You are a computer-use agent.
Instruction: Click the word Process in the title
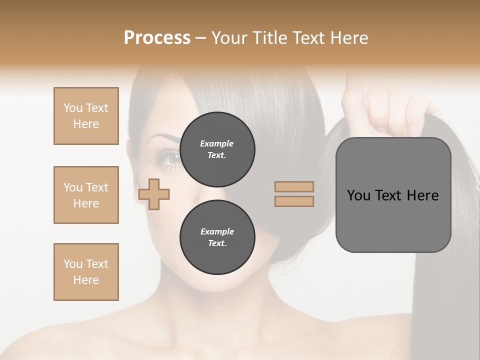pos(157,38)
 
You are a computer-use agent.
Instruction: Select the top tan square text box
pos(86,116)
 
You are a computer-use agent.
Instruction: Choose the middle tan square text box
pos(86,195)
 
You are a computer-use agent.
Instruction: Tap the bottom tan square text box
pos(86,271)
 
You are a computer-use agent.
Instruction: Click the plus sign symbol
pos(154,194)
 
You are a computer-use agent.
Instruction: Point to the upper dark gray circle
pos(217,149)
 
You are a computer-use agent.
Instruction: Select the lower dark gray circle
pos(217,237)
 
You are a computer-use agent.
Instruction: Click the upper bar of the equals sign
pos(294,186)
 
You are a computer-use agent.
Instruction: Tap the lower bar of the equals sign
pos(294,201)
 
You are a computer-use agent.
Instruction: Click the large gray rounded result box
pos(393,195)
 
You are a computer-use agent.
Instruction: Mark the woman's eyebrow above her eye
pos(165,138)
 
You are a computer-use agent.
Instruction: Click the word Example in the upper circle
pos(217,143)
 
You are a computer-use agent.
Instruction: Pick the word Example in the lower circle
pos(217,231)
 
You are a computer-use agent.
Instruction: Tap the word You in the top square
pos(73,108)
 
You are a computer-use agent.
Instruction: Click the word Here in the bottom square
pos(86,280)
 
